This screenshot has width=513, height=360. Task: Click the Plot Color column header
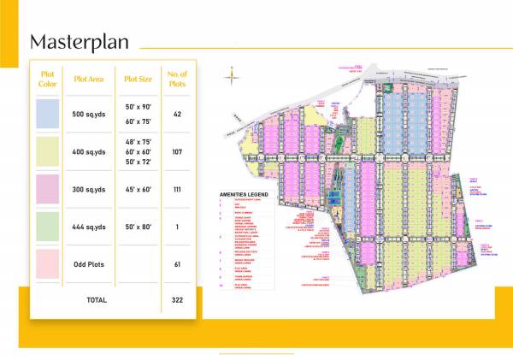47,79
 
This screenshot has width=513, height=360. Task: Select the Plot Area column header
90,79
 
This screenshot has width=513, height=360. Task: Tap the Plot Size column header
138,79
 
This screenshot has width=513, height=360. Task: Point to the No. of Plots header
177,79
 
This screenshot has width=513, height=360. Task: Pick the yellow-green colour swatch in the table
47,151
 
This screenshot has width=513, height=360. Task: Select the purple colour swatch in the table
47,189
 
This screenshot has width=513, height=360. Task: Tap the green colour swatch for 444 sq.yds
47,227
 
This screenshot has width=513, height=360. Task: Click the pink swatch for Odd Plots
47,264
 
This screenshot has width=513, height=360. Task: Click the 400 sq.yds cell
90,151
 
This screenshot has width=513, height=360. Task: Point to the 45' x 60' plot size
138,189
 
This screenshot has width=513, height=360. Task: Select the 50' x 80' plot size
138,227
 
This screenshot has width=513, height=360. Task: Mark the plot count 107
177,151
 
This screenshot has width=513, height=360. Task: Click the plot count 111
177,189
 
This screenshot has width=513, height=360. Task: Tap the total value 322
177,300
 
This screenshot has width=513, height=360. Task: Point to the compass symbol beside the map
230,78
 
